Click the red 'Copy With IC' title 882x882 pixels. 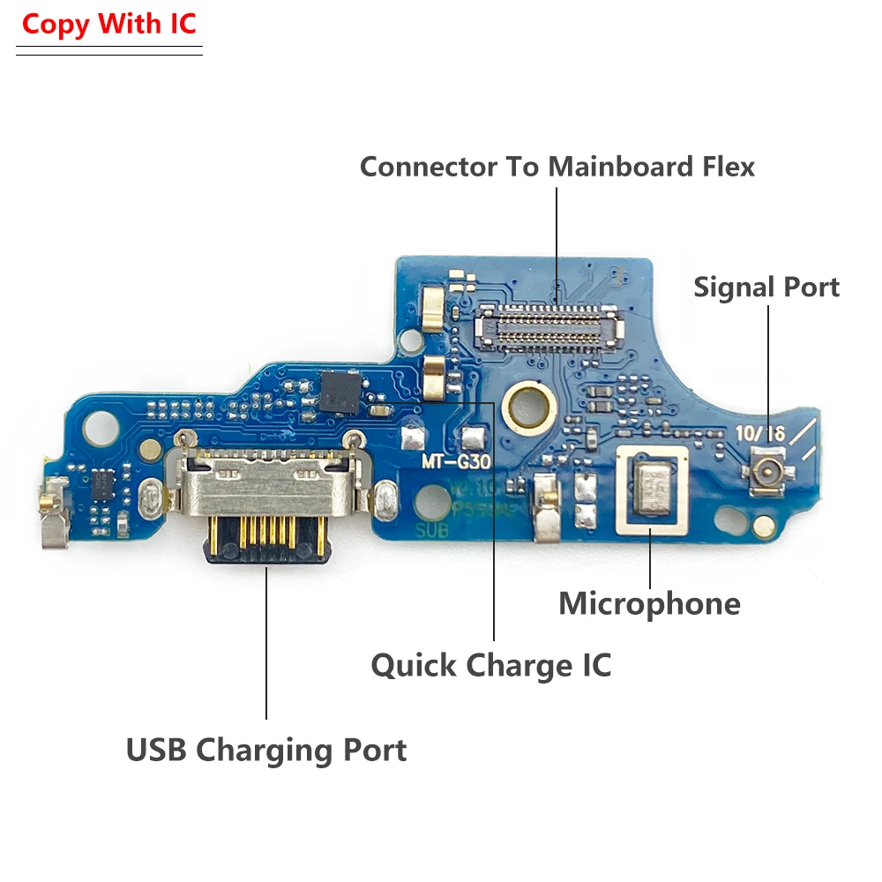click(x=108, y=24)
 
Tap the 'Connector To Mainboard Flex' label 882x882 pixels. click(x=557, y=166)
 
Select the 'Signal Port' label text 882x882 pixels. click(x=766, y=287)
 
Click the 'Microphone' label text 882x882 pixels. click(x=649, y=603)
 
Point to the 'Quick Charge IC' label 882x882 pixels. click(x=491, y=664)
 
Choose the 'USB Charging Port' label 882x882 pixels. click(x=266, y=750)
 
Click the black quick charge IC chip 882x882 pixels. click(x=338, y=392)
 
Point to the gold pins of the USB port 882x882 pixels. click(x=265, y=531)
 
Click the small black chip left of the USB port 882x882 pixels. click(x=103, y=482)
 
